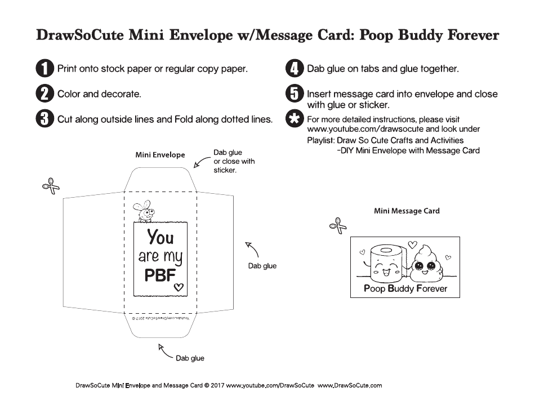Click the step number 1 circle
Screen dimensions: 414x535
point(44,69)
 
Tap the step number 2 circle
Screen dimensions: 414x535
point(44,94)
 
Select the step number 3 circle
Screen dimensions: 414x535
point(44,119)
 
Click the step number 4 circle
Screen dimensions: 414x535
point(294,69)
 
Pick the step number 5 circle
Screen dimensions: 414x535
point(294,94)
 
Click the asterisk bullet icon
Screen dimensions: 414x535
point(294,119)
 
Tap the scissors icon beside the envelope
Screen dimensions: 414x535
point(51,186)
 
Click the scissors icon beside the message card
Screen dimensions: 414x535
point(338,225)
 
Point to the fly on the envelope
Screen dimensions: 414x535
point(144,210)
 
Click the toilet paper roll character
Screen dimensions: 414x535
point(386,264)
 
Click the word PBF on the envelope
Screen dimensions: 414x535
point(160,275)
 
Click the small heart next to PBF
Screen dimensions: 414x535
point(179,287)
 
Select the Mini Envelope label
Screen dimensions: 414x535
point(160,155)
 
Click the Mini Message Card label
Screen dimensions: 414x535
point(407,211)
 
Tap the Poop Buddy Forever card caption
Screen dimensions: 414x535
point(405,288)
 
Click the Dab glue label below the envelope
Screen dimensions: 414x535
point(190,358)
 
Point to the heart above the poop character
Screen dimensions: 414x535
point(412,244)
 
